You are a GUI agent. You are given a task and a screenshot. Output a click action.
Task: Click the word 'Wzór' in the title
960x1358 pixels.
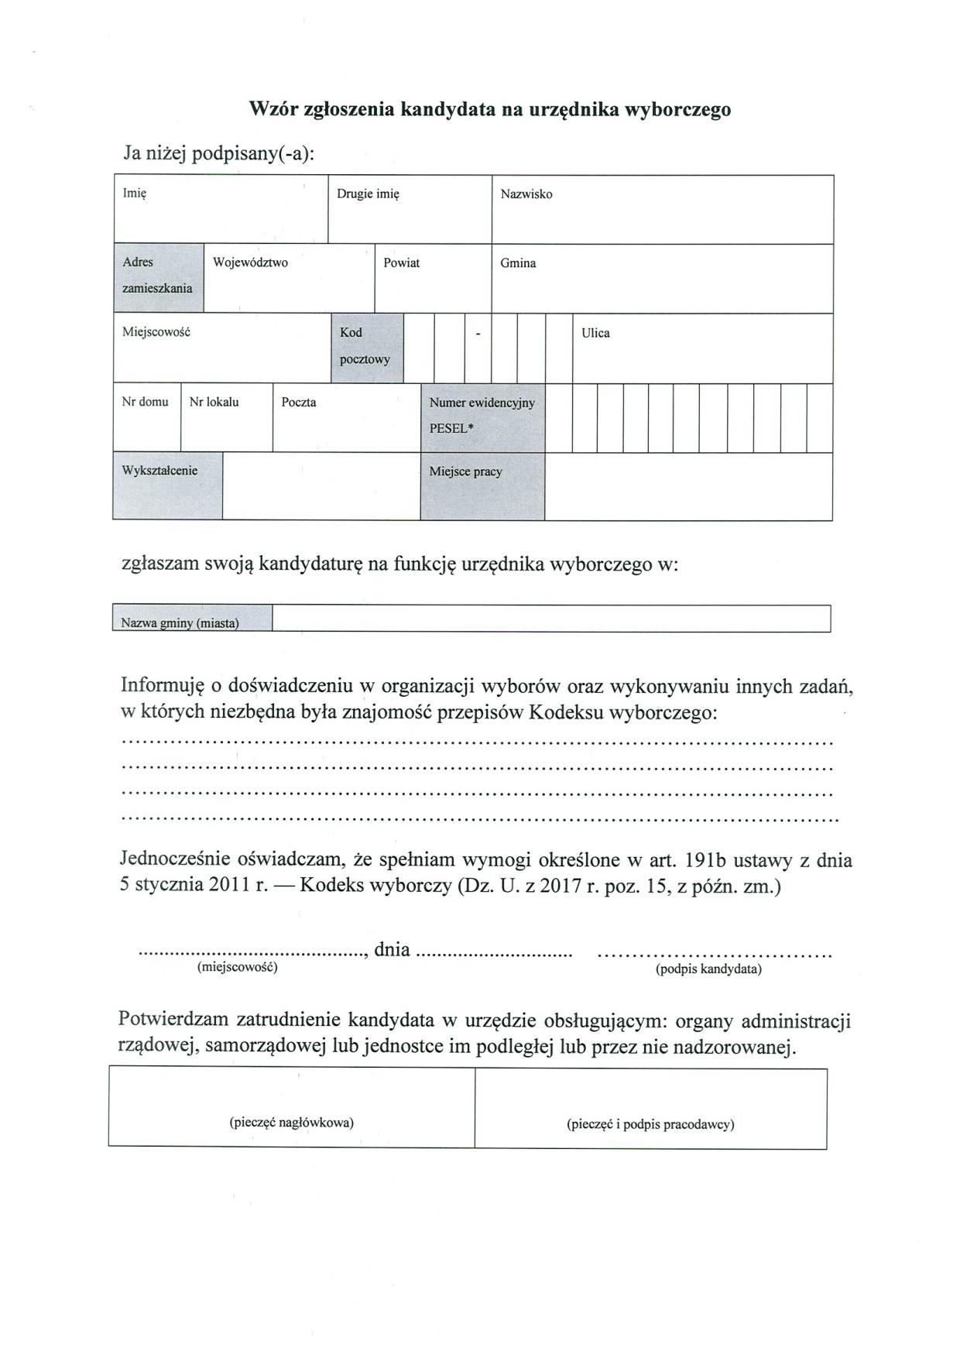pyautogui.click(x=272, y=109)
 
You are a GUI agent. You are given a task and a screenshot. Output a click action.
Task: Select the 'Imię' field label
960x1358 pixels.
pyautogui.click(x=135, y=194)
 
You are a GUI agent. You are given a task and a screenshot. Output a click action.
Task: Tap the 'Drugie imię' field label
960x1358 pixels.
pyautogui.click(x=368, y=194)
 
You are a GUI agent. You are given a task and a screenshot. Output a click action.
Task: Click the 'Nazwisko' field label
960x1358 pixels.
pyautogui.click(x=526, y=194)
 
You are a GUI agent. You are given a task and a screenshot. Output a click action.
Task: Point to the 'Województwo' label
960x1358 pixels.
pyautogui.click(x=250, y=263)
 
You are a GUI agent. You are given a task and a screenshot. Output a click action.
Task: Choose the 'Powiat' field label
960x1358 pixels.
pyautogui.click(x=402, y=263)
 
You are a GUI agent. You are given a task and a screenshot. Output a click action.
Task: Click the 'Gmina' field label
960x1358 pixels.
pyautogui.click(x=518, y=263)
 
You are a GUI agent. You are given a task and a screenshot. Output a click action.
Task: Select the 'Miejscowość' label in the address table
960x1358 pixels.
pyautogui.click(x=156, y=332)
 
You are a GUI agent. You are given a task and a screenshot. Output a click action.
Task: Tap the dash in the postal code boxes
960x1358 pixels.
pyautogui.click(x=478, y=334)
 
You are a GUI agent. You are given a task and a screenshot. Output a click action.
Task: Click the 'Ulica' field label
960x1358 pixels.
pyautogui.click(x=595, y=333)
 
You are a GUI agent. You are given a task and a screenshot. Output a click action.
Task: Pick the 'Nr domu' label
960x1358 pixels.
pyautogui.click(x=145, y=402)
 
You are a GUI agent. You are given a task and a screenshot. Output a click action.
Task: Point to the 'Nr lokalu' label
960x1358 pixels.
pyautogui.click(x=214, y=402)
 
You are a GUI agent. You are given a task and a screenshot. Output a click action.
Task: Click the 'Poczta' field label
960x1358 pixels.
pyautogui.click(x=299, y=403)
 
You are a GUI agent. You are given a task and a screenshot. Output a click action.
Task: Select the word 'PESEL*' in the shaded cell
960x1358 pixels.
pyautogui.click(x=451, y=427)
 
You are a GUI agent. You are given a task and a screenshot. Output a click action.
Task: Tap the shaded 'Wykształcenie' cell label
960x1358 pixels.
pyautogui.click(x=159, y=471)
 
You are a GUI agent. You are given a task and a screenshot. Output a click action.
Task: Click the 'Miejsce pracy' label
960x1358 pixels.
pyautogui.click(x=466, y=472)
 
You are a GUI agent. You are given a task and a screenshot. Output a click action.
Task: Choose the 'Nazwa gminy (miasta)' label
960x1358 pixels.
pyautogui.click(x=180, y=623)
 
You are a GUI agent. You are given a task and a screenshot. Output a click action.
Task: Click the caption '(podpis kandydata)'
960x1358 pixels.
pyautogui.click(x=708, y=969)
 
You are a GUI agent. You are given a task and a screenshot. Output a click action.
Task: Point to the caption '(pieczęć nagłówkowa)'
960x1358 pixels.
pyautogui.click(x=292, y=1123)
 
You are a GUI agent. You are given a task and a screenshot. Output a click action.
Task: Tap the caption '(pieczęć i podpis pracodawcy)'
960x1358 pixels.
pyautogui.click(x=650, y=1124)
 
